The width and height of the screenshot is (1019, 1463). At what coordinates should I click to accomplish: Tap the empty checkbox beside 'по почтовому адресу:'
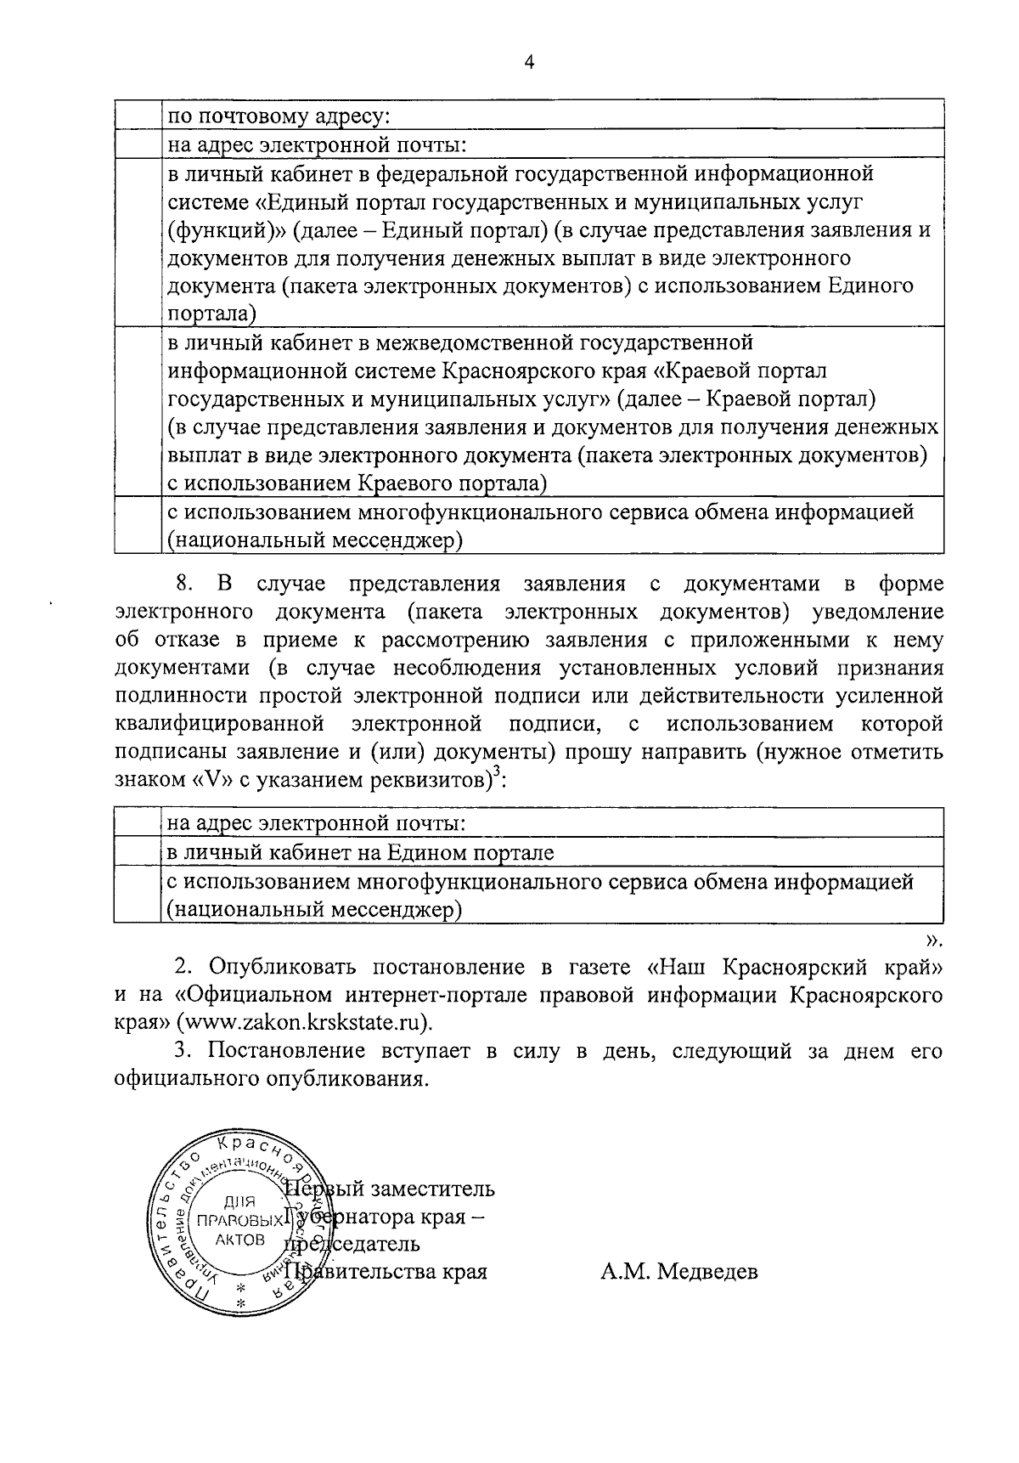(x=138, y=115)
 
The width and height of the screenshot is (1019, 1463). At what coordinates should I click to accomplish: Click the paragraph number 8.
(x=186, y=584)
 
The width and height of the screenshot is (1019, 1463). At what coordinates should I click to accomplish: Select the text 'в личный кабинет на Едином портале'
(x=361, y=852)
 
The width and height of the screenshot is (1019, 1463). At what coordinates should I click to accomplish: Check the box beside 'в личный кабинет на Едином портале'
(x=138, y=852)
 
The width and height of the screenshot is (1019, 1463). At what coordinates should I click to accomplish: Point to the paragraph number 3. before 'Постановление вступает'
(x=182, y=1050)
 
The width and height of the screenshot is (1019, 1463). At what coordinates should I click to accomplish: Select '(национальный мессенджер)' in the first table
(x=314, y=539)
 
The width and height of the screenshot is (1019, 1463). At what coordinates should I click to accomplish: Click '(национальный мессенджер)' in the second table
(x=314, y=910)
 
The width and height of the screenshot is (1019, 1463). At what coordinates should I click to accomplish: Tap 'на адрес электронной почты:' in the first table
(x=316, y=144)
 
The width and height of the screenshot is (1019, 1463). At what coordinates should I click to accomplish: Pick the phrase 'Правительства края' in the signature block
(x=386, y=1272)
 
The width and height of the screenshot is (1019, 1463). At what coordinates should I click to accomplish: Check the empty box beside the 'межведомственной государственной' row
(x=138, y=412)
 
